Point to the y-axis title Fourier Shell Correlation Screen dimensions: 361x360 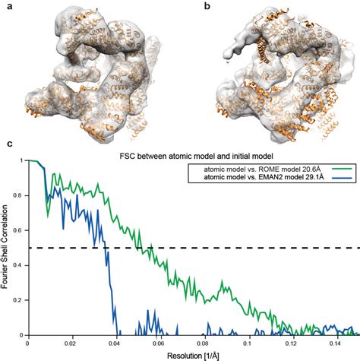(x=6, y=248)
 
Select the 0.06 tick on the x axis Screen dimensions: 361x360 (x=163, y=343)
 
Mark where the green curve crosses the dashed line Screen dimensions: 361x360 (x=153, y=248)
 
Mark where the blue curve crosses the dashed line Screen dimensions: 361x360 (x=104, y=248)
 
